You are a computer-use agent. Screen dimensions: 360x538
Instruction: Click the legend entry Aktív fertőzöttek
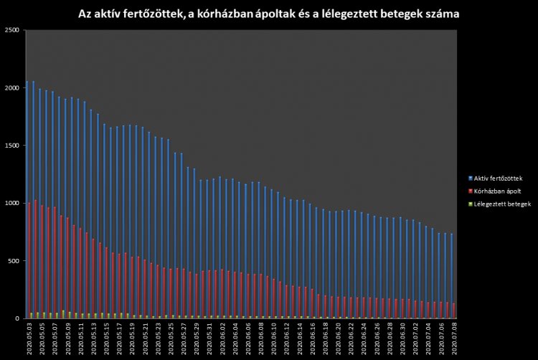498,177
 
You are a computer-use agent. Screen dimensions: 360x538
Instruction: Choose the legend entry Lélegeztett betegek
500,204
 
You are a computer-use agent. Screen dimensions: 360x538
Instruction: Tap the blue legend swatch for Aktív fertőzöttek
468,177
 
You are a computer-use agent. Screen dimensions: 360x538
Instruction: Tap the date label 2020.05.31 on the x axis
209,339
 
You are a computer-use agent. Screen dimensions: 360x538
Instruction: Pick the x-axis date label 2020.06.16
313,339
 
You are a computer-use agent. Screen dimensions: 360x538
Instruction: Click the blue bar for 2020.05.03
27,201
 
